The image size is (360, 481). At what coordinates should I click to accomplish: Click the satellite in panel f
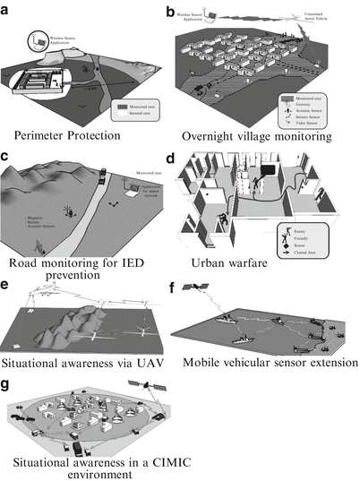[x=194, y=289]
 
